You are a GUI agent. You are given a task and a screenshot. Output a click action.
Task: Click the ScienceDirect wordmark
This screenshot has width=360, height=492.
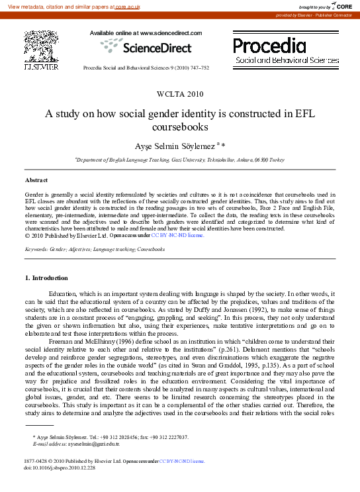(x=158, y=48)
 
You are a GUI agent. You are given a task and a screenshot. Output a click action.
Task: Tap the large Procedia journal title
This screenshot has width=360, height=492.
(x=269, y=46)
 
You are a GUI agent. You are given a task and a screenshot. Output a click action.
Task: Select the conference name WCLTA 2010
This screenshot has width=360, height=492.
(x=180, y=94)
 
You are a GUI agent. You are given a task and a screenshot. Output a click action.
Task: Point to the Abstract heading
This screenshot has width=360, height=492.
(x=36, y=180)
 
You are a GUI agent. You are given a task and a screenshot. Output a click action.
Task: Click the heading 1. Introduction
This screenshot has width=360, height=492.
(x=46, y=277)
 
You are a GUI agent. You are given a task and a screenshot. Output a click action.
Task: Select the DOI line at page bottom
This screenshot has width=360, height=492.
(x=59, y=467)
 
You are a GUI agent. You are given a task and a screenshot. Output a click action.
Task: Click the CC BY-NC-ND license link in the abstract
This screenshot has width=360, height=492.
(x=177, y=234)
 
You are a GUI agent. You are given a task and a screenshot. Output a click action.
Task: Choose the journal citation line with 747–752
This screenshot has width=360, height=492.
(x=146, y=68)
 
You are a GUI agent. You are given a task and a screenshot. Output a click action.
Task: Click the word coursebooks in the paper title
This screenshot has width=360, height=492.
(x=180, y=126)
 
